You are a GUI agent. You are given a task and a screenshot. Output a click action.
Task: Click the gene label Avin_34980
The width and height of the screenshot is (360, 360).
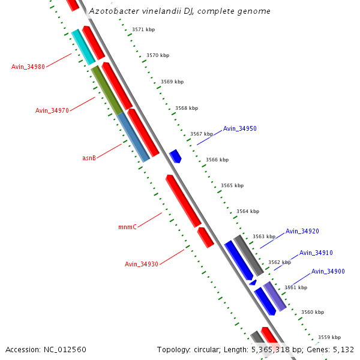[x=28, y=67]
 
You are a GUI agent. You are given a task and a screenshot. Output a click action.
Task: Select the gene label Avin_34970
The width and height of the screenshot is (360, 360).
[x=52, y=110]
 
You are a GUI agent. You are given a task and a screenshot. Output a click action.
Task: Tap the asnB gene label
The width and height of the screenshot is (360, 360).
[x=89, y=158]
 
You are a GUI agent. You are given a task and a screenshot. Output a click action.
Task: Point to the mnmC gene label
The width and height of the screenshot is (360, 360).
[x=127, y=227]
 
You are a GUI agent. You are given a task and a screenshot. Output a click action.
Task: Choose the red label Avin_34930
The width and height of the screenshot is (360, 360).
[x=142, y=264]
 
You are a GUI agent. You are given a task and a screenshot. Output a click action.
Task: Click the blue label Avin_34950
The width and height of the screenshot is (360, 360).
[x=239, y=129]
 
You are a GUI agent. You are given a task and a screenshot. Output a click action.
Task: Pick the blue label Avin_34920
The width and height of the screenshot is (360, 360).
[x=302, y=231]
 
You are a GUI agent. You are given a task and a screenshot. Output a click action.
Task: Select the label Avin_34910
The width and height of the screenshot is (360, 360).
[x=316, y=253]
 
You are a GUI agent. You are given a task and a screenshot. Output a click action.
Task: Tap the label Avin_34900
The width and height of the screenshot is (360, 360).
[x=328, y=272]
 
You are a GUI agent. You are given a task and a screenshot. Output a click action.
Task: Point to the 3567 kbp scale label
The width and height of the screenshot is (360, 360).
[x=202, y=134]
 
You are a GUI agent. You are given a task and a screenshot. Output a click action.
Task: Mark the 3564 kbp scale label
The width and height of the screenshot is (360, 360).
[x=248, y=211]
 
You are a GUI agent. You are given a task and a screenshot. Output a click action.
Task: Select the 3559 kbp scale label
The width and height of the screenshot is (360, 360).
[x=329, y=337]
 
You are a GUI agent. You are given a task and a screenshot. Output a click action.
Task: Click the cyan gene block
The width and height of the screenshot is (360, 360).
[x=83, y=47]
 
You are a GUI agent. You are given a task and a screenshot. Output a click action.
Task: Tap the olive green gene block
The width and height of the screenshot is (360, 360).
[x=107, y=90]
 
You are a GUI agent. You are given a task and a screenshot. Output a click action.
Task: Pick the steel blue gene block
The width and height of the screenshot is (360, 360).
[x=133, y=137]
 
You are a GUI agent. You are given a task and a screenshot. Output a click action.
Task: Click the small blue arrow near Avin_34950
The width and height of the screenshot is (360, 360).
[x=175, y=157]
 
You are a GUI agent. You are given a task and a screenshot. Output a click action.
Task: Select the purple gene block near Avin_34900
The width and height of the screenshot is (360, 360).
[x=274, y=296]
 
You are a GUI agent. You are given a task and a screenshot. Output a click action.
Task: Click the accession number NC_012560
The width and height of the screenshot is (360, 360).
[x=65, y=349]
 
